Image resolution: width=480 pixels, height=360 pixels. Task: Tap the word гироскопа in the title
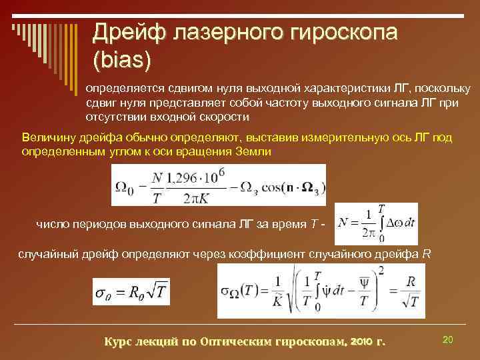coord(337,31)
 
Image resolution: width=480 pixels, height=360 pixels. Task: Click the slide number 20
coord(448,340)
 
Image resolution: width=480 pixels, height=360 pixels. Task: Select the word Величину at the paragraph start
coord(47,137)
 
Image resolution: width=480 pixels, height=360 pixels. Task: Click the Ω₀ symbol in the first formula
coord(125,186)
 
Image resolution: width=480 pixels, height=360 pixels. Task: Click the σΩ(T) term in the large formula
coord(238,291)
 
